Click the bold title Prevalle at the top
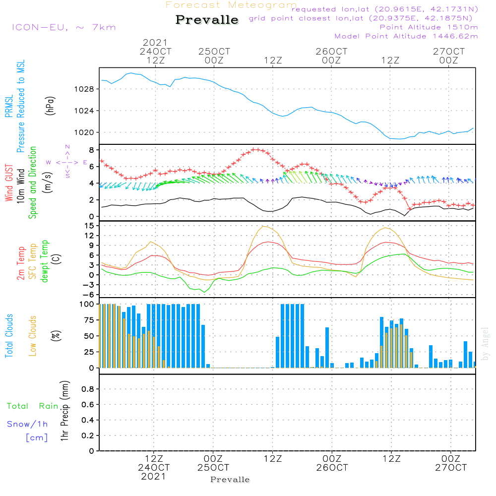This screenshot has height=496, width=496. (x=207, y=20)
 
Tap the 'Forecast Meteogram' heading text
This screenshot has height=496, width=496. (x=231, y=5)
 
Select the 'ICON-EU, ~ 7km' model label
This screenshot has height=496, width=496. (x=63, y=27)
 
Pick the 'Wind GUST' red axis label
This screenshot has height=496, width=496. (x=9, y=184)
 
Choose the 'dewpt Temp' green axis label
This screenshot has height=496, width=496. (x=45, y=261)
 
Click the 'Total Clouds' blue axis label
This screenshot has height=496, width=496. (x=9, y=336)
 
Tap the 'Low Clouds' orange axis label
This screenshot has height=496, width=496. (x=33, y=336)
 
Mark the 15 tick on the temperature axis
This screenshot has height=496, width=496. (x=90, y=226)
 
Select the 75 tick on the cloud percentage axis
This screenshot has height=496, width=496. (x=90, y=320)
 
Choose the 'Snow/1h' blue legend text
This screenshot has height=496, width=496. (x=28, y=424)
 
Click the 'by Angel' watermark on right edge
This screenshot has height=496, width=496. (x=485, y=343)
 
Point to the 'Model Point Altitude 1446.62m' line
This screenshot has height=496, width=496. (x=406, y=36)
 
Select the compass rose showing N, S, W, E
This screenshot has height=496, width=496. (x=67, y=162)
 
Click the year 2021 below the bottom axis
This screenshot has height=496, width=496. (x=154, y=477)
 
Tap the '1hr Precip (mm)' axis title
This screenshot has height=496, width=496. (x=64, y=411)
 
